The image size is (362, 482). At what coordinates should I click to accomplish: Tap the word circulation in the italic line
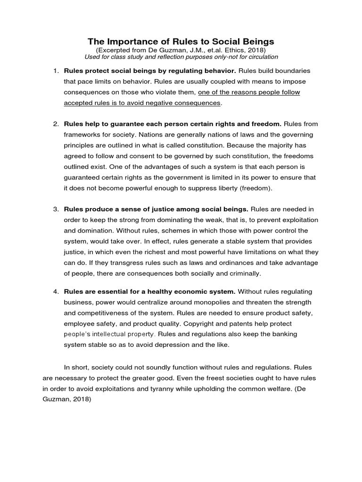click(259, 57)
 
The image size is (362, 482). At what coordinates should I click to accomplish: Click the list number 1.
click(55, 71)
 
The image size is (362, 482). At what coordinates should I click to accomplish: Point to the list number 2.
click(55, 124)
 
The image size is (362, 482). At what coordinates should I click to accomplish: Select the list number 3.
click(55, 209)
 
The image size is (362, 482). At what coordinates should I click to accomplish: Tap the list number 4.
click(55, 292)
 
